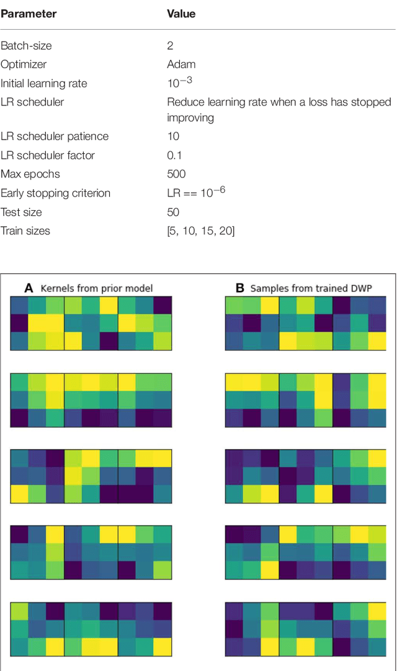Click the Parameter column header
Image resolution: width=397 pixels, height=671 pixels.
coord(29,14)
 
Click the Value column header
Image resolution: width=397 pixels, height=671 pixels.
coord(181,14)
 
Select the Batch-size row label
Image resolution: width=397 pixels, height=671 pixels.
coord(26,46)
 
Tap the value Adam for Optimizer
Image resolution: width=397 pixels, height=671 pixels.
coord(181,64)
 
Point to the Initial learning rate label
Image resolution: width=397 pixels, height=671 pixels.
coord(43,84)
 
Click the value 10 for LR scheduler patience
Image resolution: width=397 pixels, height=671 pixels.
coord(174,136)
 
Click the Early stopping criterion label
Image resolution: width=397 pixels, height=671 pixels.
coord(55,193)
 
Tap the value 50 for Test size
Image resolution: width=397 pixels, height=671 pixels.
coord(174,212)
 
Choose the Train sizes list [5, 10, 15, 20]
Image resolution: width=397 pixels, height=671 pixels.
coord(201,231)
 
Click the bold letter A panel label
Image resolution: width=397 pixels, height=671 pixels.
coord(29,288)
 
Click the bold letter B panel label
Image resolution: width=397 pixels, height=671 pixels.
coord(240,288)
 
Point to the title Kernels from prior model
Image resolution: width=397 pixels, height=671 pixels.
coord(96,288)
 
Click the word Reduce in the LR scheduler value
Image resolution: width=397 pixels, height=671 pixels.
coord(185,102)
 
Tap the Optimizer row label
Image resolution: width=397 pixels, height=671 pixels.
coord(24,64)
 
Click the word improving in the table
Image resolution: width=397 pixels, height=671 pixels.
coord(190,118)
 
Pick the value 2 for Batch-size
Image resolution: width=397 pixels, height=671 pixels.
coord(171,46)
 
